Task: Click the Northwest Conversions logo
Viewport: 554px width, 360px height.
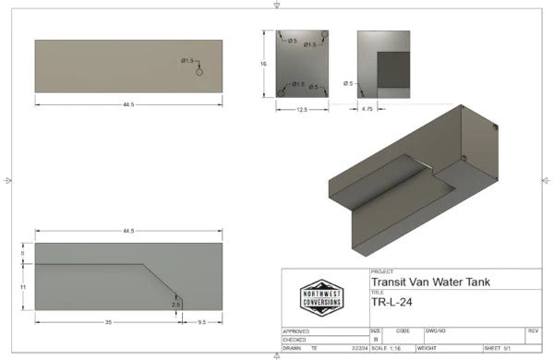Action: coord(321,297)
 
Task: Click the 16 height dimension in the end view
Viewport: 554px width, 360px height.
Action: coord(263,64)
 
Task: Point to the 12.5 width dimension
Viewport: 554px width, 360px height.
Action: coord(301,109)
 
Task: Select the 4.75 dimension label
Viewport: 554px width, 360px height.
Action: coord(366,109)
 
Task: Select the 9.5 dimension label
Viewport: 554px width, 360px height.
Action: coord(201,323)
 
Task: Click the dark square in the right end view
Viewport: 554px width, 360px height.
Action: coord(393,69)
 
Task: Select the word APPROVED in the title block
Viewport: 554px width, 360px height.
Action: coord(296,330)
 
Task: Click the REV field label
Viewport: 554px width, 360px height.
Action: coord(533,330)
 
